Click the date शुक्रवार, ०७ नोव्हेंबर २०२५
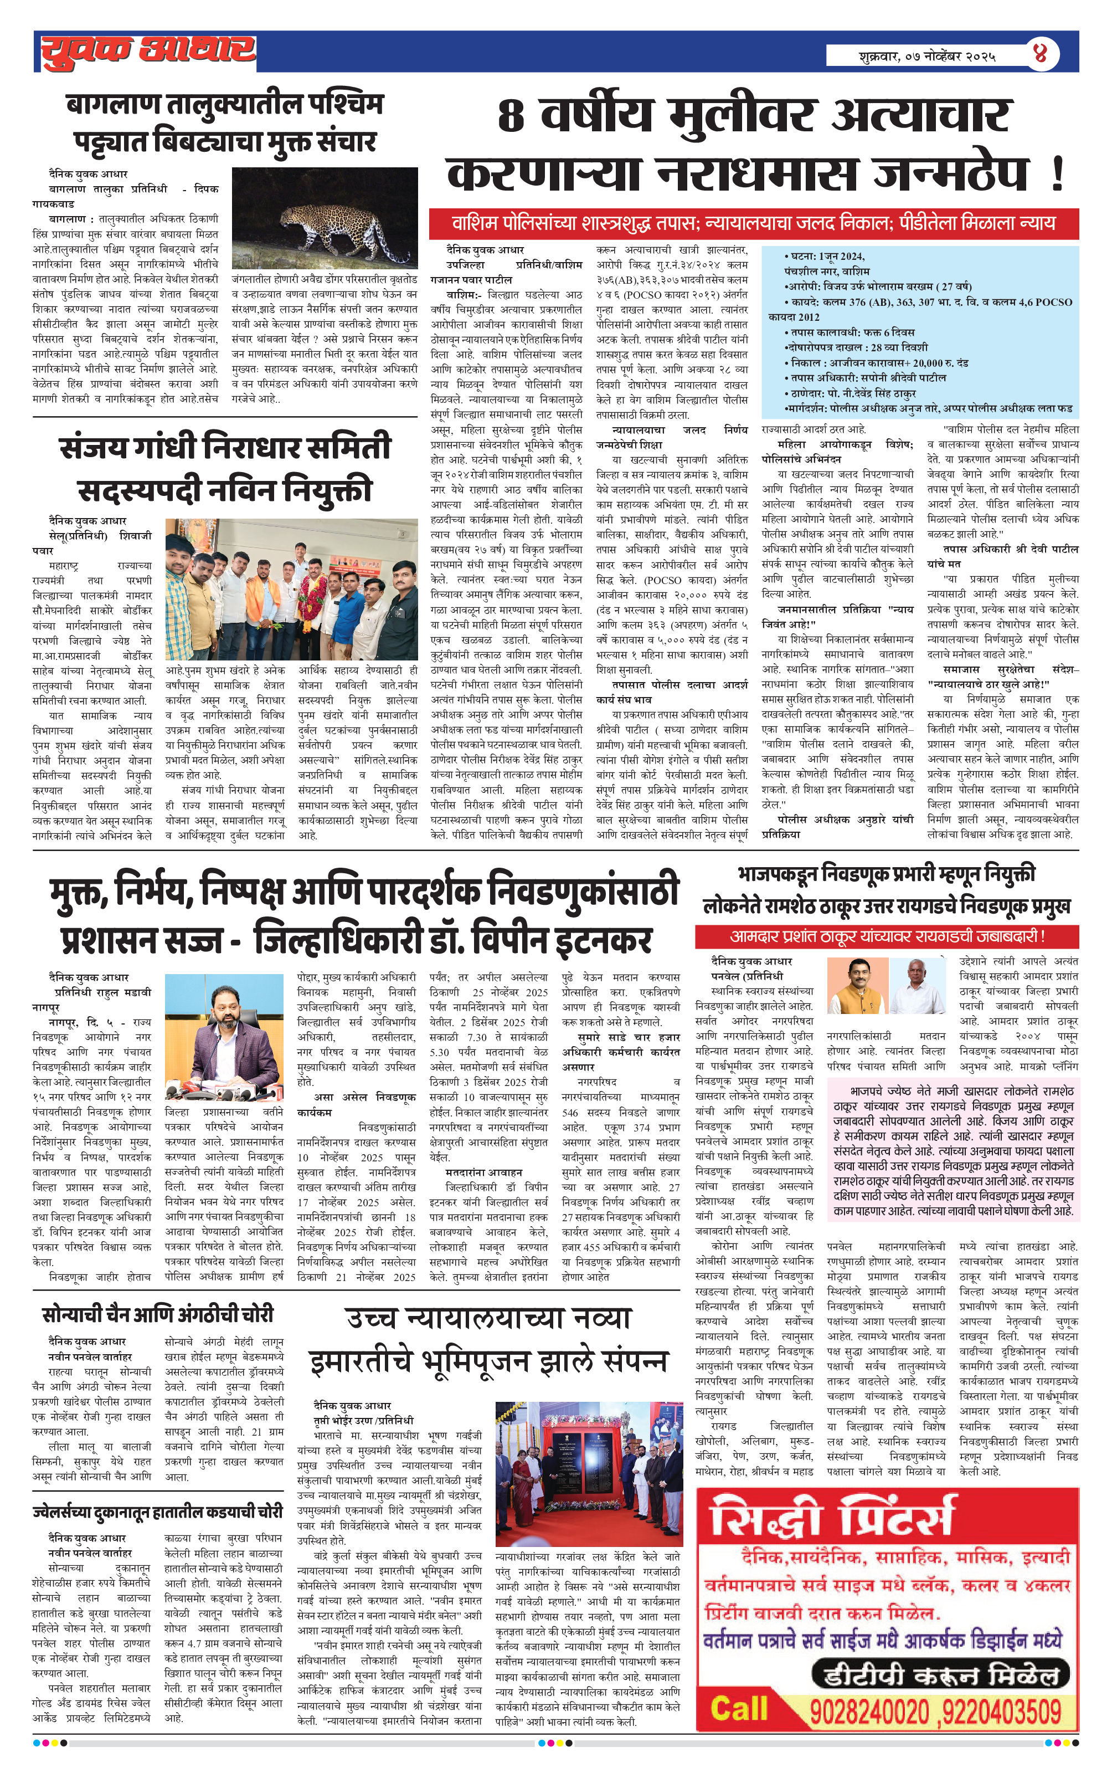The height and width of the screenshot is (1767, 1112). [927, 56]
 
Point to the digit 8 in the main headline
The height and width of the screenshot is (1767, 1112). [511, 116]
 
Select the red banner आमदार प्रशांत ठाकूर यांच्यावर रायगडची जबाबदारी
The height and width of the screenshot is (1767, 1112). [886, 936]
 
